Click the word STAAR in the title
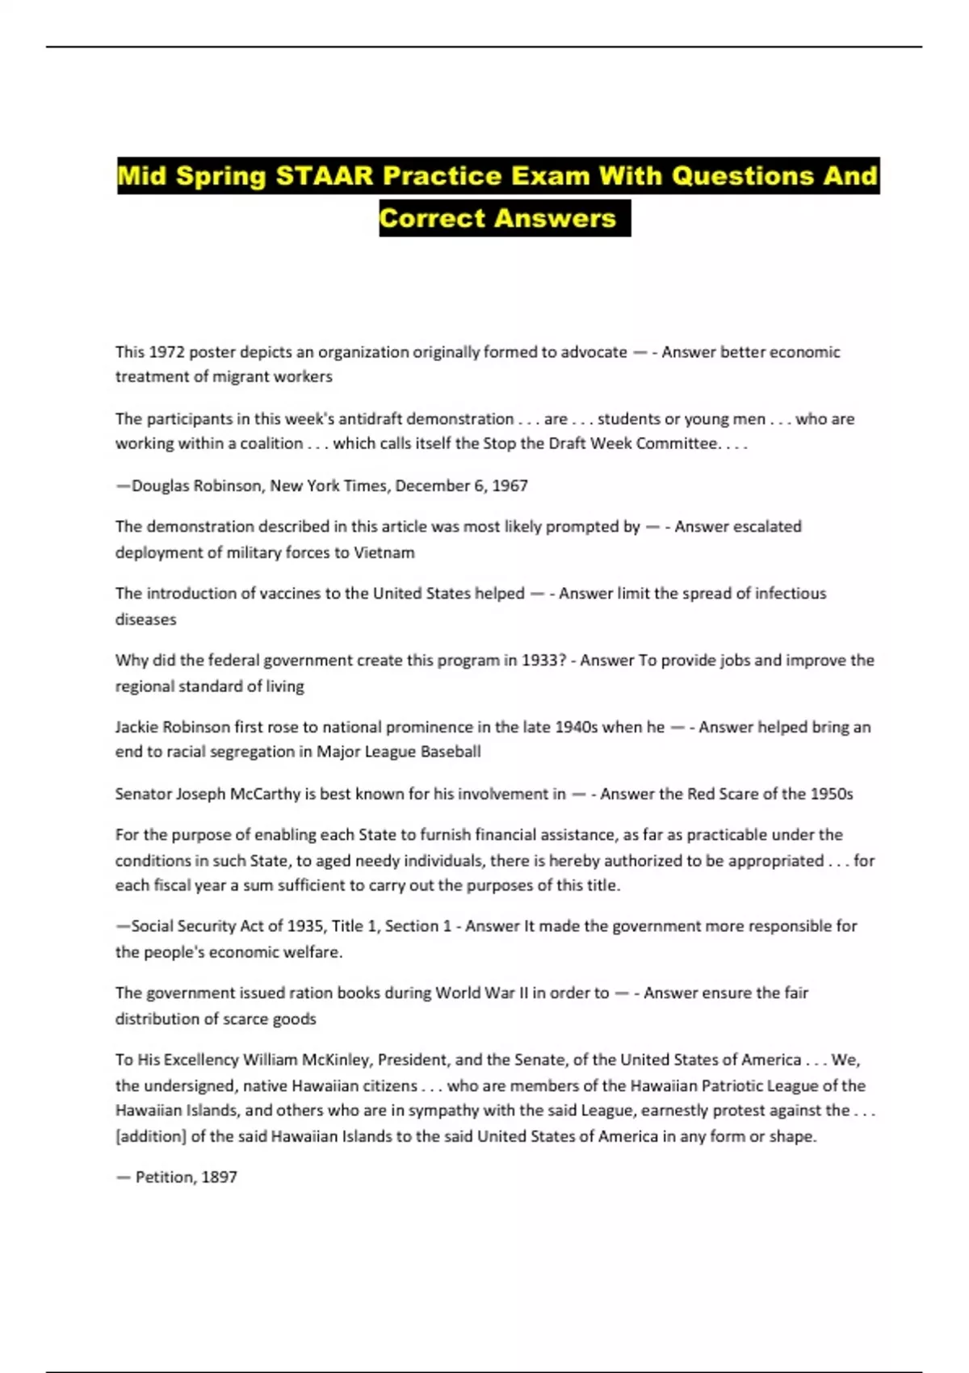pos(325,176)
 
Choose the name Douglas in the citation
pos(161,485)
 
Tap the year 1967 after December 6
pos(510,485)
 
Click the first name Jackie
pos(138,727)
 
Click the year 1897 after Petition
pos(219,1178)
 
